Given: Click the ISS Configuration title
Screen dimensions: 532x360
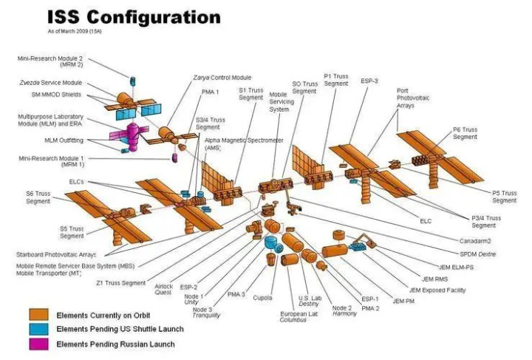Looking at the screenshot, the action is pyautogui.click(x=134, y=17).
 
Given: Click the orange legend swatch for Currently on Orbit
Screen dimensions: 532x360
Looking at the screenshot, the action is pyautogui.click(x=38, y=314).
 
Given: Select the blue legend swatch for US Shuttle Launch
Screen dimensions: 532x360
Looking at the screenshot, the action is pyautogui.click(x=38, y=329).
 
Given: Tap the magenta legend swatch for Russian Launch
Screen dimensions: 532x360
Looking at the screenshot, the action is pyautogui.click(x=38, y=344).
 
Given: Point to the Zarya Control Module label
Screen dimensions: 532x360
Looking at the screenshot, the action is pyautogui.click(x=222, y=78).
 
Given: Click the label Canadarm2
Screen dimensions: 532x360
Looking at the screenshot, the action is pyautogui.click(x=475, y=241).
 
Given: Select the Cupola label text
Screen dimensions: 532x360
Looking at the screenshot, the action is pyautogui.click(x=262, y=298).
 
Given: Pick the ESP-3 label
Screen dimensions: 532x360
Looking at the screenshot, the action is pyautogui.click(x=369, y=81).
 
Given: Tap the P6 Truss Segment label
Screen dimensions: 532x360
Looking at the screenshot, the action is pyautogui.click(x=465, y=133).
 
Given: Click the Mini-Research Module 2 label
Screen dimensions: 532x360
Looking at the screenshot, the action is pyautogui.click(x=50, y=61).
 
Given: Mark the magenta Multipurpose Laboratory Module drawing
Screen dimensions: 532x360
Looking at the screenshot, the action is pyautogui.click(x=131, y=135).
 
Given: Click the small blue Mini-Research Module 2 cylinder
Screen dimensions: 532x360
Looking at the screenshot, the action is pyautogui.click(x=132, y=81).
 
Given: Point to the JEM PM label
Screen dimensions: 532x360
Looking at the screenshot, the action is pyautogui.click(x=403, y=301).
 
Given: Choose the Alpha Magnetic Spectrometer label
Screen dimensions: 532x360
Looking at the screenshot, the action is pyautogui.click(x=244, y=144).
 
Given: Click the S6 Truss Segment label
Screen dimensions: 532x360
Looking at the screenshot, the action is pyautogui.click(x=38, y=197).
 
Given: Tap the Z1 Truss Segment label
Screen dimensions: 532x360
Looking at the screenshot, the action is pyautogui.click(x=120, y=282).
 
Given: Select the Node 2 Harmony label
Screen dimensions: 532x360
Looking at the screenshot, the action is pyautogui.click(x=344, y=310).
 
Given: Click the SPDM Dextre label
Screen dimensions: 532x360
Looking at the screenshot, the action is pyautogui.click(x=478, y=254).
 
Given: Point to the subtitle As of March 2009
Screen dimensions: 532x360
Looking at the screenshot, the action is pyautogui.click(x=75, y=31).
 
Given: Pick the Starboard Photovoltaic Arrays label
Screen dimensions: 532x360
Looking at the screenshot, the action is pyautogui.click(x=56, y=254).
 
